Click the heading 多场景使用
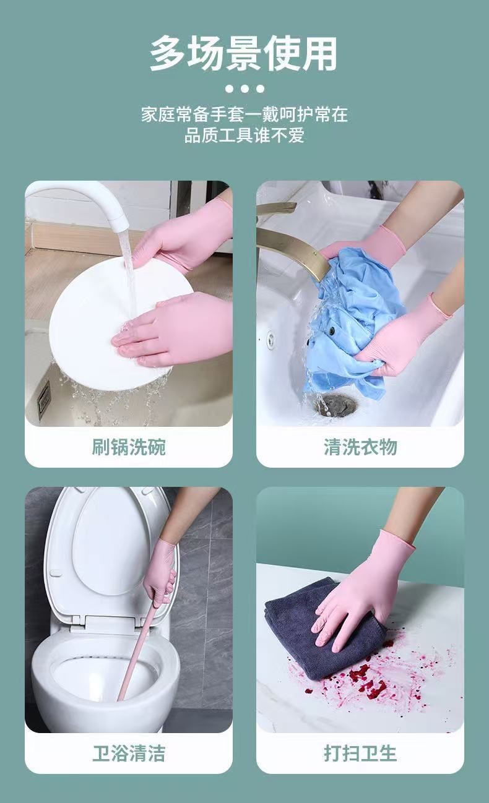244,54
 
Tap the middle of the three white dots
244,88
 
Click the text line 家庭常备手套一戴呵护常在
244,114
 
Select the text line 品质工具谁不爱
244,135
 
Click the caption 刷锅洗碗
129,447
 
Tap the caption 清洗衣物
360,447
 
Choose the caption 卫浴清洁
129,753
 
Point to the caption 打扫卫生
360,753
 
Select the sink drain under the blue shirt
335,405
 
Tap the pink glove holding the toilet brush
160,569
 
